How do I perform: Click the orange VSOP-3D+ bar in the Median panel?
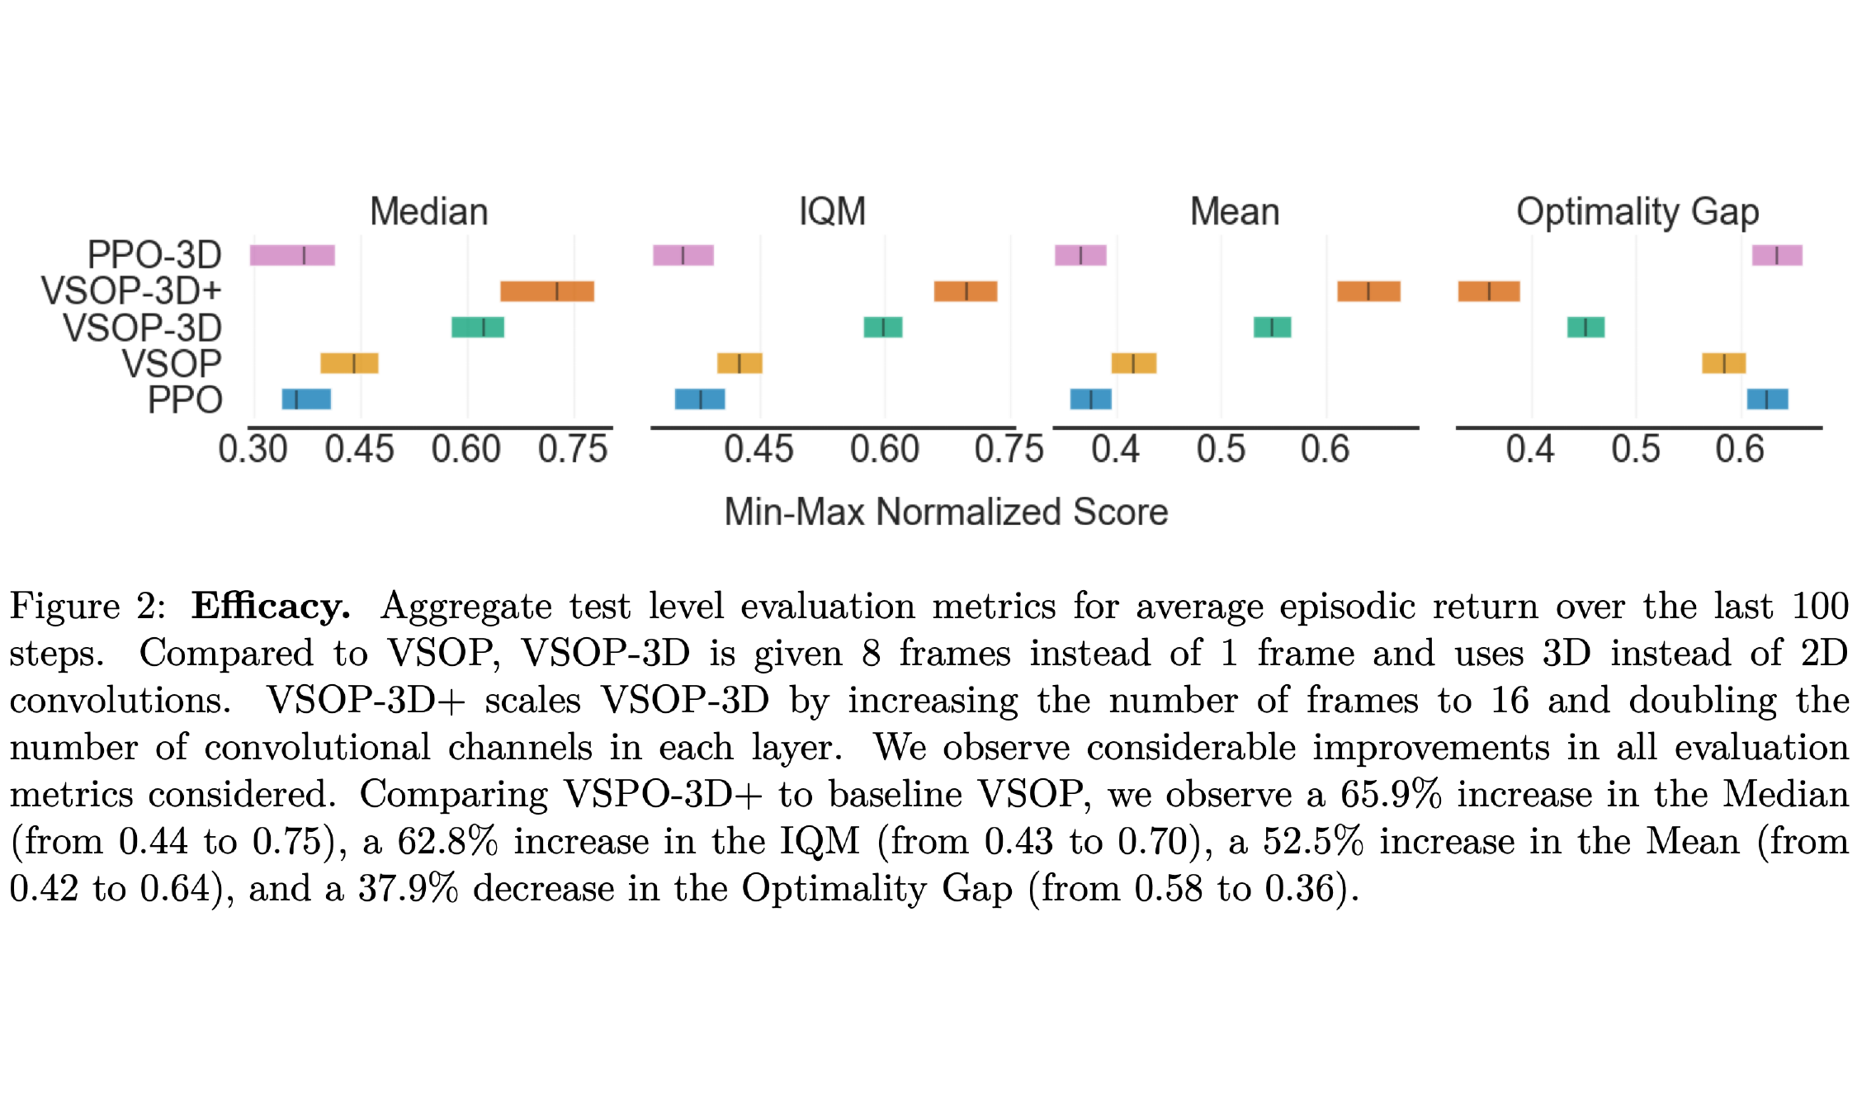[x=546, y=291]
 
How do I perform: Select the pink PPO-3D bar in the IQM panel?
[x=683, y=255]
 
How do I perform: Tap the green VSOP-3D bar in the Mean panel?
[x=1272, y=327]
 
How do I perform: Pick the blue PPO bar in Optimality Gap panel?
[x=1767, y=399]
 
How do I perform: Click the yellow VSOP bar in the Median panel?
[x=349, y=363]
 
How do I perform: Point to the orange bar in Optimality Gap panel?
[x=1488, y=291]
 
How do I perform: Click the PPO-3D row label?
[x=154, y=254]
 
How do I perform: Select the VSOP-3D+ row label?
[x=131, y=291]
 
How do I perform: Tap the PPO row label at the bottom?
[x=185, y=400]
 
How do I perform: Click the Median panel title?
[x=428, y=212]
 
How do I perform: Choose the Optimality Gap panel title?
[x=1637, y=212]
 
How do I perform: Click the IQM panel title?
[x=832, y=212]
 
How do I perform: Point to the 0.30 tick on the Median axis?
[x=253, y=450]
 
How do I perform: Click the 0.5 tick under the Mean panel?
[x=1221, y=450]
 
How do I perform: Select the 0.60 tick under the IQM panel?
[x=884, y=450]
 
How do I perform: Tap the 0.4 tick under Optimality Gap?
[x=1529, y=450]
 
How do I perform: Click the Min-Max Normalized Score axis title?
[x=946, y=512]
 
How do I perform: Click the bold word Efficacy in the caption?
[x=271, y=607]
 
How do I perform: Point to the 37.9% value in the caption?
[x=408, y=889]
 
